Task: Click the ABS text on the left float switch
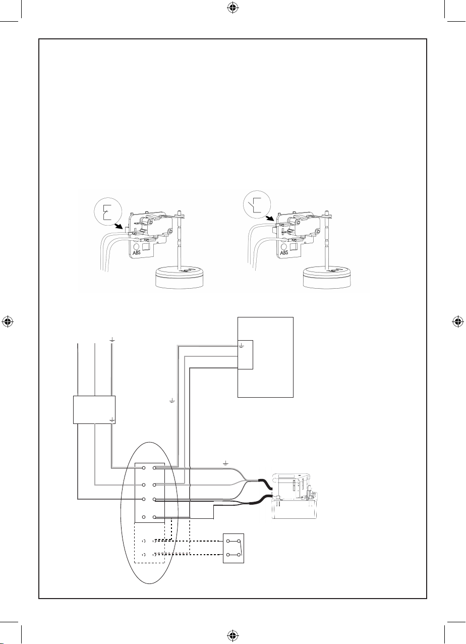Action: pos(137,253)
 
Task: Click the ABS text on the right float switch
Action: pos(284,253)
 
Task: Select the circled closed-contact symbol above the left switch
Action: pos(108,212)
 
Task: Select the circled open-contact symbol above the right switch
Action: pos(257,204)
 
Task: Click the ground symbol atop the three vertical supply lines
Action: pos(112,340)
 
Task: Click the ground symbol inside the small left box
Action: pos(112,420)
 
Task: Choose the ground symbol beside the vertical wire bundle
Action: pos(172,400)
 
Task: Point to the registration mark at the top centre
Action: pos(232,9)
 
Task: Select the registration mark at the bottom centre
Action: pos(232,634)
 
